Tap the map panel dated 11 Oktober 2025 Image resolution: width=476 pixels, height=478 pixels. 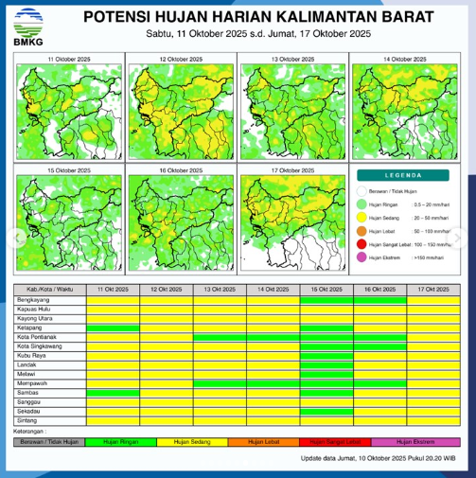(x=68, y=112)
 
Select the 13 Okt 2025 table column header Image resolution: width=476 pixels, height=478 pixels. (x=220, y=290)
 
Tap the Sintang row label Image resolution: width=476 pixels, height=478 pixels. (x=27, y=419)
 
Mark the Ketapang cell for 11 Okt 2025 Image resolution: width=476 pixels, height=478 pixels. (x=113, y=328)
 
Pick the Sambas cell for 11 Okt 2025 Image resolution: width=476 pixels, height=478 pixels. (x=113, y=392)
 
